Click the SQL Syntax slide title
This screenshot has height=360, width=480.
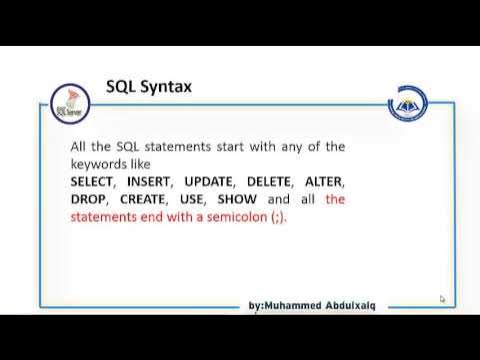click(149, 87)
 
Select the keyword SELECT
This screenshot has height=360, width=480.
click(93, 182)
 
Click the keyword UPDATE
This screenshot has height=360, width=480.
click(209, 182)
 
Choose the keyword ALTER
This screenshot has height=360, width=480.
click(324, 182)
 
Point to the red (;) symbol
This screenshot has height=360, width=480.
click(277, 217)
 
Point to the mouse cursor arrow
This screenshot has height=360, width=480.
click(441, 298)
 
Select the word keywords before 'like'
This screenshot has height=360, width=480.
click(101, 163)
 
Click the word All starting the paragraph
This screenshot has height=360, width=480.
click(80, 146)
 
